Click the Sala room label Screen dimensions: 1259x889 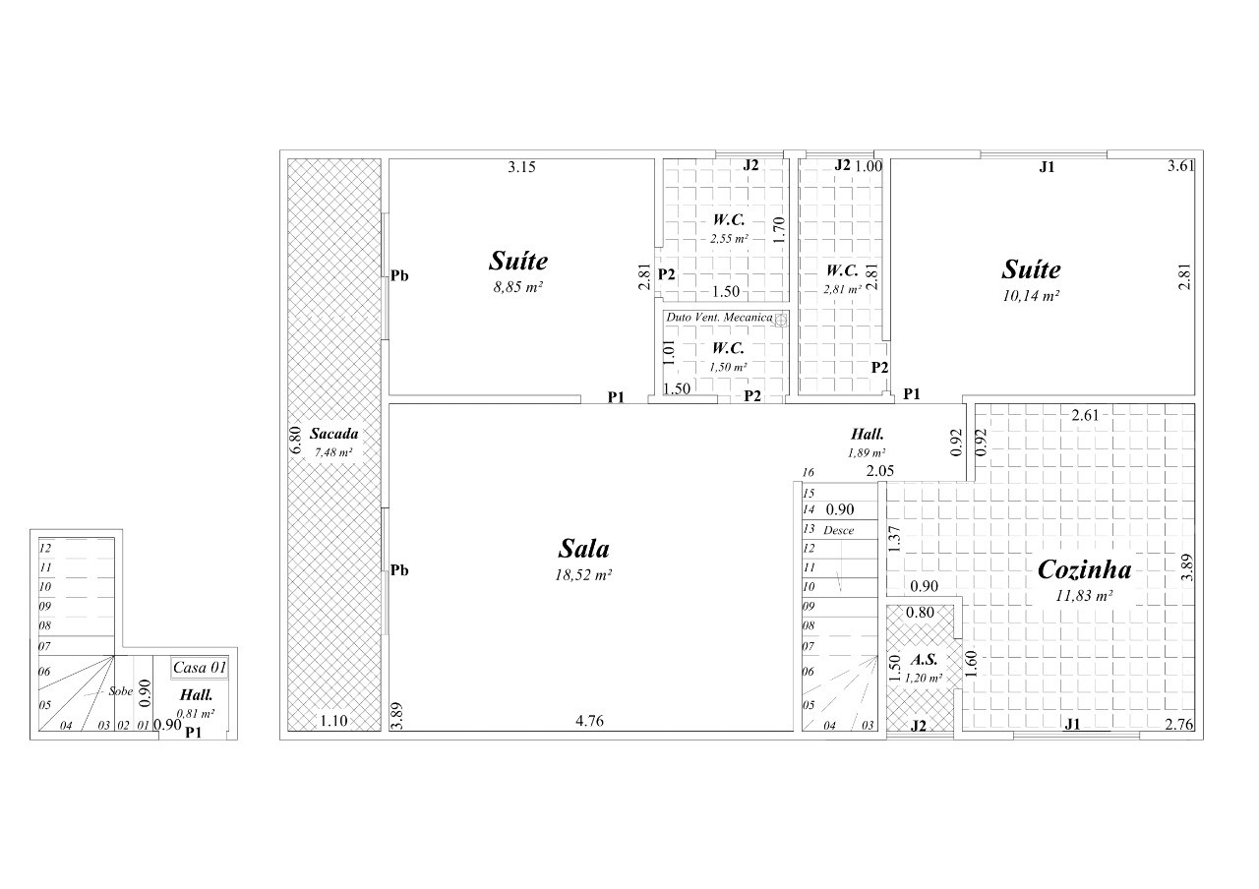point(583,549)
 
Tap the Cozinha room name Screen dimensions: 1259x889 point(1084,569)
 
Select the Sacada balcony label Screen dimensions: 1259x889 point(333,434)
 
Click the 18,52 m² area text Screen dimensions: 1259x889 point(583,575)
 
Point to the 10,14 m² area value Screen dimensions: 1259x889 point(1031,296)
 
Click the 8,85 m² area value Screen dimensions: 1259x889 point(517,287)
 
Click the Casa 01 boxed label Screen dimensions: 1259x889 point(200,668)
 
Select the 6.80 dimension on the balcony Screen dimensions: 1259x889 point(296,440)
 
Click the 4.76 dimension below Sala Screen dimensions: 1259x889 point(589,721)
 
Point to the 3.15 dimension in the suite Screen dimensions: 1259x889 point(521,167)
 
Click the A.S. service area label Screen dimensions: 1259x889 point(924,660)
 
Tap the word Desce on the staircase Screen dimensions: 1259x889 point(839,530)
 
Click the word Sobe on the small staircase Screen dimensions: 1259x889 point(120,691)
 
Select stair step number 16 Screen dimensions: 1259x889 point(809,473)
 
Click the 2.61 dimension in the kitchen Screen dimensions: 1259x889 point(1085,415)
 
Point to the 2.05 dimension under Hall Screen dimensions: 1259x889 point(879,471)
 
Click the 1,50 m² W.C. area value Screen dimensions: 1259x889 point(728,368)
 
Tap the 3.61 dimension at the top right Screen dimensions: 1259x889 point(1181,166)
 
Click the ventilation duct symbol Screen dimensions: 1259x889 point(781,321)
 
